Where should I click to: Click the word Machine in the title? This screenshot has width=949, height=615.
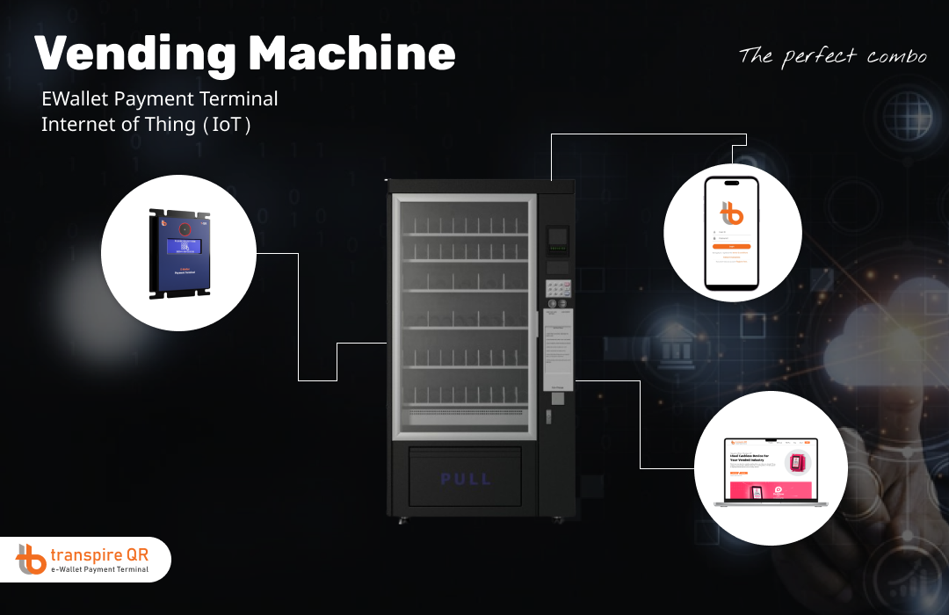[351, 54]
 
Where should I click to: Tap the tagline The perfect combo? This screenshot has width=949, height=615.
[832, 56]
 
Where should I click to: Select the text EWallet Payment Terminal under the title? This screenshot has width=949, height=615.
[159, 99]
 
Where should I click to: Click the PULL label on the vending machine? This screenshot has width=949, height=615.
[466, 480]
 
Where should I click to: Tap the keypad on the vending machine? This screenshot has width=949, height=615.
[558, 288]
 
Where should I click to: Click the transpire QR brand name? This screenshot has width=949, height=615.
[99, 554]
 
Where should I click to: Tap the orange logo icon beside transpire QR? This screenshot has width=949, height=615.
[31, 559]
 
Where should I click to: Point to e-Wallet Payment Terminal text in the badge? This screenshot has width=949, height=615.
[99, 570]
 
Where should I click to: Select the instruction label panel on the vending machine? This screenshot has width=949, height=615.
[557, 351]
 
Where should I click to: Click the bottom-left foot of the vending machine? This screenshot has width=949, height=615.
[402, 520]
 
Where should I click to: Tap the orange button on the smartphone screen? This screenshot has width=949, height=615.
[732, 247]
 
